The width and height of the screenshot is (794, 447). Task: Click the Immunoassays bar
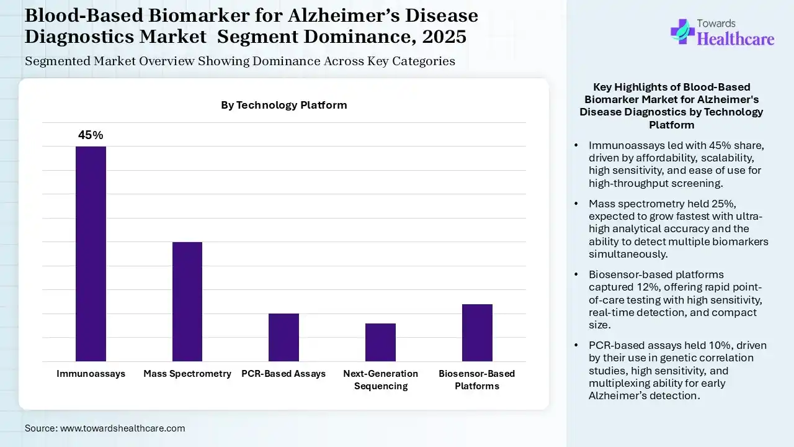(x=91, y=254)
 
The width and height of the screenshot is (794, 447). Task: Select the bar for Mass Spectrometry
(x=187, y=302)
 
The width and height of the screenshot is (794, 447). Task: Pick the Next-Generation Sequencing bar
(x=380, y=342)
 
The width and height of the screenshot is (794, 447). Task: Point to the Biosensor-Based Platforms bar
(x=477, y=333)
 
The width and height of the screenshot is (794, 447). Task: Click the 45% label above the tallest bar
(x=91, y=135)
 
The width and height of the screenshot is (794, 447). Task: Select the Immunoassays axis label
(x=91, y=374)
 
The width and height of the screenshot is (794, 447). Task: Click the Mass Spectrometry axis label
(x=187, y=374)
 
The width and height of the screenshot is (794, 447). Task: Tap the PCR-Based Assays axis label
(x=283, y=374)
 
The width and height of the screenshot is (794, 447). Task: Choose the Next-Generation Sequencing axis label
(x=380, y=379)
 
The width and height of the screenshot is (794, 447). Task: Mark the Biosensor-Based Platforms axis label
(x=477, y=379)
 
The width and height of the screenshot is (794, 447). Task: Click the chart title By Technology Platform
(x=284, y=105)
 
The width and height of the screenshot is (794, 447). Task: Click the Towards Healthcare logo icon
(x=682, y=31)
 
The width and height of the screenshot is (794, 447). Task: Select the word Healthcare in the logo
(x=736, y=39)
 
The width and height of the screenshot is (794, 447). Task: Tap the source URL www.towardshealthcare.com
(x=123, y=428)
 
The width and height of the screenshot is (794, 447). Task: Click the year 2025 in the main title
(x=444, y=37)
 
